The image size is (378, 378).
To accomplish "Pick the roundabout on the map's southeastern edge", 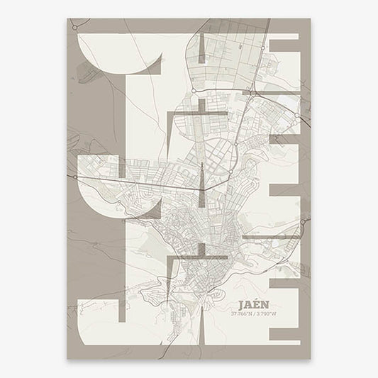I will (x=304, y=223).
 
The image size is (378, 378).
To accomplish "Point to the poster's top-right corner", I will (x=310, y=19).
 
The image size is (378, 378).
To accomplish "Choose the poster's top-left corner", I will (x=68, y=19).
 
